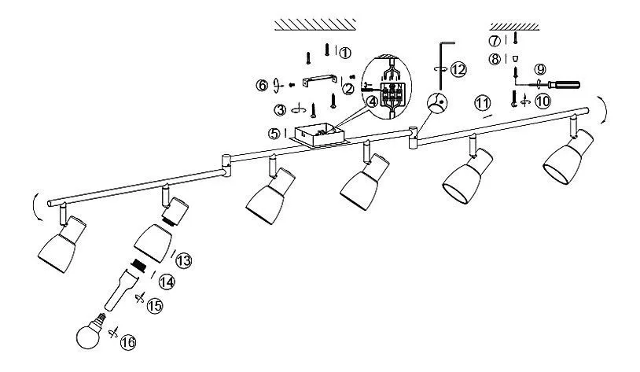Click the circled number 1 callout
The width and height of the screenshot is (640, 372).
click(345, 53)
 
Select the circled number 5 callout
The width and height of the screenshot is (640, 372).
click(274, 134)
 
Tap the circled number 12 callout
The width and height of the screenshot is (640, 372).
click(458, 69)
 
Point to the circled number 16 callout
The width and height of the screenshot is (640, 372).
click(128, 342)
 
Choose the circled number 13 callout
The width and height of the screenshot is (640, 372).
click(184, 260)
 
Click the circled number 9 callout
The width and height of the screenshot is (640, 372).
click(540, 69)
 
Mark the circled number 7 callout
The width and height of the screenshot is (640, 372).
click(495, 41)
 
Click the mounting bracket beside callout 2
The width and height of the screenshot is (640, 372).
click(319, 80)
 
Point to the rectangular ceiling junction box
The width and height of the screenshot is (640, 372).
click(318, 135)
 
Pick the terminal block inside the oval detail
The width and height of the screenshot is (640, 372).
click(392, 95)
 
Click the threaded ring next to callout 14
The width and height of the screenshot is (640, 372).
click(139, 265)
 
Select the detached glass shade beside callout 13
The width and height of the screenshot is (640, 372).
click(153, 242)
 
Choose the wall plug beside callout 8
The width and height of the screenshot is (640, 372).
click(516, 58)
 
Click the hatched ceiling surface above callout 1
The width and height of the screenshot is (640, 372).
click(314, 24)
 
